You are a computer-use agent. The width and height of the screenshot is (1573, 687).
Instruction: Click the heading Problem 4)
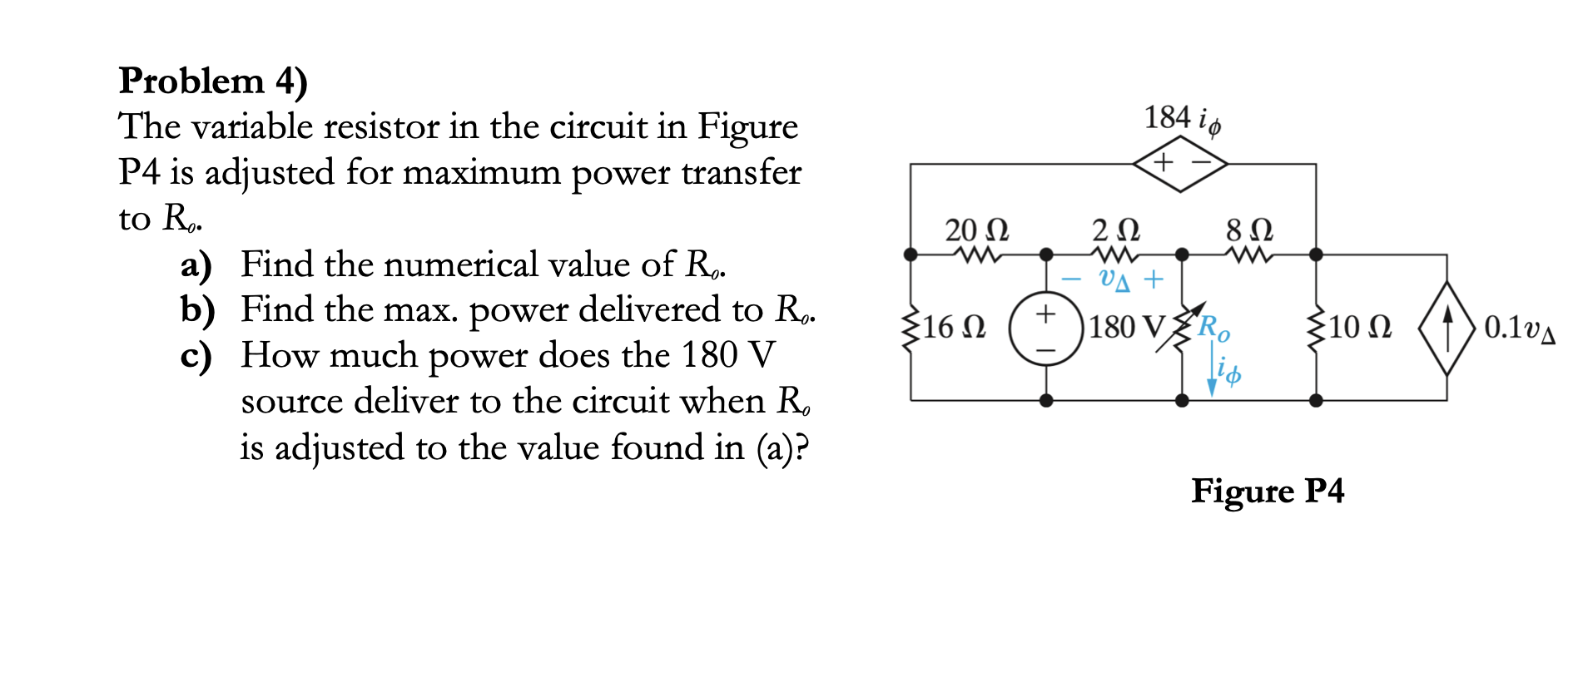pyautogui.click(x=213, y=82)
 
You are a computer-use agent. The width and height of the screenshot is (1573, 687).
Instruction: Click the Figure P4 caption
pyautogui.click(x=1267, y=491)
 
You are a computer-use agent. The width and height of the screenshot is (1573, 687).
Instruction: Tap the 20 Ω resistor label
pyautogui.click(x=976, y=230)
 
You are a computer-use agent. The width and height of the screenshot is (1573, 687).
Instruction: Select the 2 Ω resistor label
pyautogui.click(x=1115, y=230)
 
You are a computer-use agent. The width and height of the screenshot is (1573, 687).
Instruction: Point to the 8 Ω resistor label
pyautogui.click(x=1249, y=230)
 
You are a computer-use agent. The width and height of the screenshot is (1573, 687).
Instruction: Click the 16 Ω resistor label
pyautogui.click(x=955, y=327)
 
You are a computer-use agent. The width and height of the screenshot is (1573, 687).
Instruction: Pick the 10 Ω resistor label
pyautogui.click(x=1360, y=327)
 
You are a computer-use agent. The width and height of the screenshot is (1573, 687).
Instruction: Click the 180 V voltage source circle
pyautogui.click(x=1045, y=329)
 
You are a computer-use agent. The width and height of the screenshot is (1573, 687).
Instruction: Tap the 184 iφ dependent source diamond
pyautogui.click(x=1180, y=163)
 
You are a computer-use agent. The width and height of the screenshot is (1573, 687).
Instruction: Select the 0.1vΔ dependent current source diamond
pyautogui.click(x=1446, y=328)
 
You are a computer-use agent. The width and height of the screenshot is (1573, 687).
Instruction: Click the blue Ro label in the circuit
pyautogui.click(x=1213, y=328)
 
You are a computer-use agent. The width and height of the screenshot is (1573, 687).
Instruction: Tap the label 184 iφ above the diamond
pyautogui.click(x=1182, y=119)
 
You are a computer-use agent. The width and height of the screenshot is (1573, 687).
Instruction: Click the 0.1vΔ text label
pyautogui.click(x=1519, y=328)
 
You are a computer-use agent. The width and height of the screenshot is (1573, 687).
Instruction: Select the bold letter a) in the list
pyautogui.click(x=196, y=265)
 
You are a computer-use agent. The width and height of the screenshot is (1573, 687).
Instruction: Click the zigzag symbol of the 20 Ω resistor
pyautogui.click(x=978, y=255)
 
